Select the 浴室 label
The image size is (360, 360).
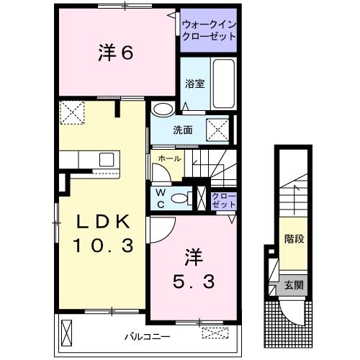195,83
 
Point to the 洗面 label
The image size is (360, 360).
182,130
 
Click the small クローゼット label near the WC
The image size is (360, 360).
223,199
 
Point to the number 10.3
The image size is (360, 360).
102,246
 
